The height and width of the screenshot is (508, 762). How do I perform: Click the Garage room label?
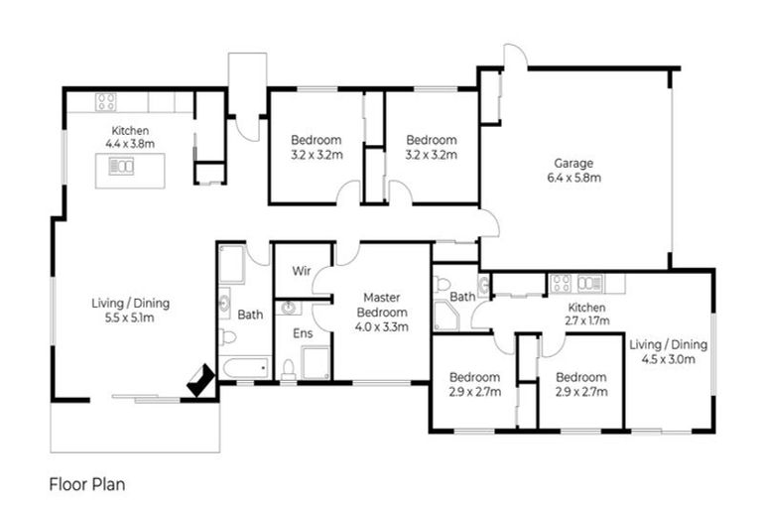tap(573, 164)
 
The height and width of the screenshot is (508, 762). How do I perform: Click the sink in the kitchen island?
tap(121, 167)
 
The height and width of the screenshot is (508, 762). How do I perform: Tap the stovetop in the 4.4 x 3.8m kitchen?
tap(105, 100)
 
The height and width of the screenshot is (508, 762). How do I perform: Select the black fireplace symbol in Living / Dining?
tap(201, 380)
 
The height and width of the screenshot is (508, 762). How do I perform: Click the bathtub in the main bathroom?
tap(245, 369)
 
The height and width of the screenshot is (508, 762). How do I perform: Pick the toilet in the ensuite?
tap(288, 370)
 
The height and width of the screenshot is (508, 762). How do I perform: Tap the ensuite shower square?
tap(316, 363)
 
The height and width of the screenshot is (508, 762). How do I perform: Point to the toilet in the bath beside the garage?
tap(443, 285)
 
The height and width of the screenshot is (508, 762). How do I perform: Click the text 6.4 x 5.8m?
tap(573, 179)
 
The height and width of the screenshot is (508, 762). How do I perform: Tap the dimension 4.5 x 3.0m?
tap(668, 360)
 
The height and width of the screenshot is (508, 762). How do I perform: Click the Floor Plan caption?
tap(87, 485)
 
